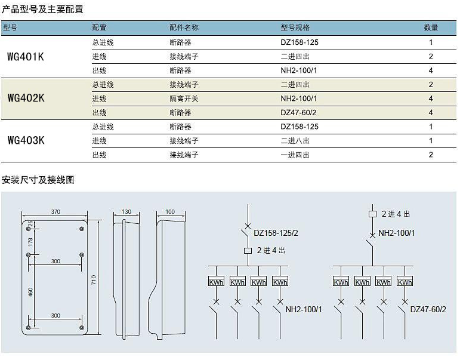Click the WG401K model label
26,57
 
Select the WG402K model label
26,98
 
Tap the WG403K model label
26,140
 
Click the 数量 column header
431,27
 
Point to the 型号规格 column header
295,27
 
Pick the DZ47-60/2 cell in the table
298,112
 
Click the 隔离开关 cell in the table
184,99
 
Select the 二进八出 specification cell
295,141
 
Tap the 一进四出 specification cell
295,155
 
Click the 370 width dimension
55,212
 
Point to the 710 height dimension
94,279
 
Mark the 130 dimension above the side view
126,212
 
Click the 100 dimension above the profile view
170,212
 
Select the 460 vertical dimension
30,292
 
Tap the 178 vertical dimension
30,242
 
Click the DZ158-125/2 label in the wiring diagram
276,233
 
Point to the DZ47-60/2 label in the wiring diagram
428,309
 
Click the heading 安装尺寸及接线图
38,180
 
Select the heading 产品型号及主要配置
42,9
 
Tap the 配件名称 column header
184,27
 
